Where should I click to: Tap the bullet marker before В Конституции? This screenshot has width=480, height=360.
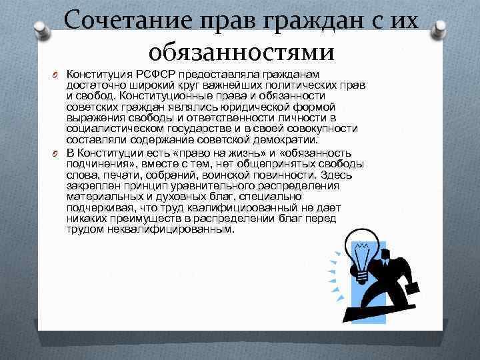click(57, 153)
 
